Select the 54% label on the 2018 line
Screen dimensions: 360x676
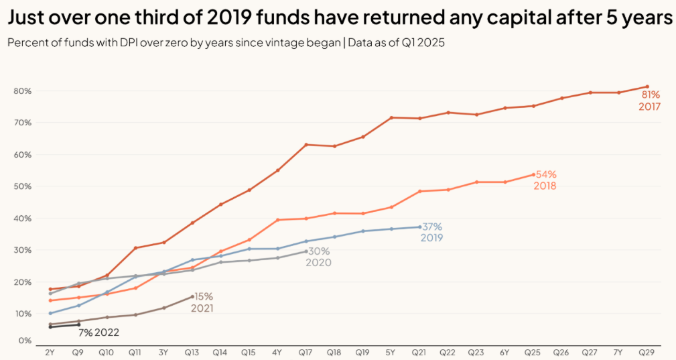coord(545,174)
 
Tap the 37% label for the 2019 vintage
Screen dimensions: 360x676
coord(431,227)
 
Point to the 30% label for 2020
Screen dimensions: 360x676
coord(318,251)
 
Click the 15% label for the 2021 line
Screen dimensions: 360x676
coord(204,296)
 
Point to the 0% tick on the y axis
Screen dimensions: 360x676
coord(25,341)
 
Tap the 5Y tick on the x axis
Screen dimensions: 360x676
coord(391,351)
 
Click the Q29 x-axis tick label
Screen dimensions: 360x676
coord(647,351)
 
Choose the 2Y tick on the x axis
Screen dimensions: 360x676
coord(50,351)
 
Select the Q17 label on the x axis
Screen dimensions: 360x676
coord(306,351)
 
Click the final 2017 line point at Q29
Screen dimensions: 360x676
coord(647,86)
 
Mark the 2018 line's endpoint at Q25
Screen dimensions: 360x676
coord(533,174)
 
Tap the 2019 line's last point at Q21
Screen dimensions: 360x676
coord(419,227)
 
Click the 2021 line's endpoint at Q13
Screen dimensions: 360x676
coord(192,296)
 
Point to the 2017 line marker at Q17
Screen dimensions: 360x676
coord(306,144)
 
